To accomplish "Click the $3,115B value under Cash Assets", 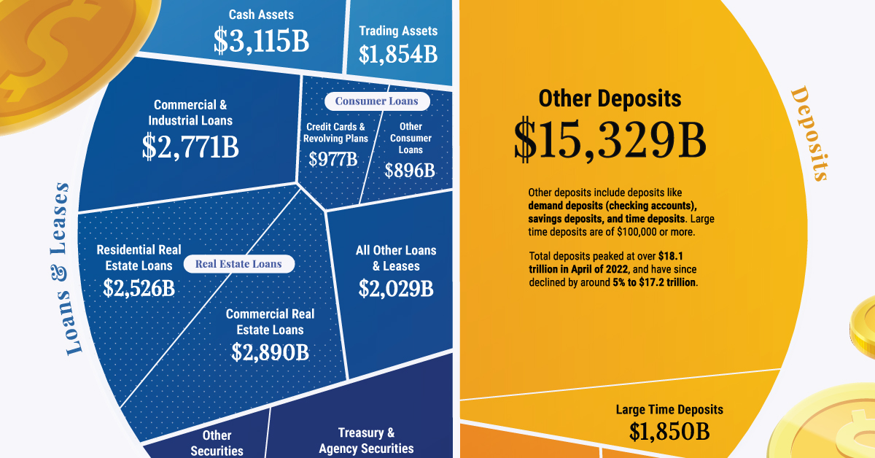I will click(261, 42).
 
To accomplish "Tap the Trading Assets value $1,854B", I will click(397, 54).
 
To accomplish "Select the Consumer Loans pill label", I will click(377, 101).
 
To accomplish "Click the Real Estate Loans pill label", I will click(238, 264).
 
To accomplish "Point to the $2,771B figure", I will click(190, 147).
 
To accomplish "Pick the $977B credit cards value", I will click(333, 159).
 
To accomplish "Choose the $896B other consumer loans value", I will click(410, 170).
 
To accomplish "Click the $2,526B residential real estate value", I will click(139, 287).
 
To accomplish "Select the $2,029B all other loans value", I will click(396, 288).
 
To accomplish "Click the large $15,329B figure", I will click(610, 140).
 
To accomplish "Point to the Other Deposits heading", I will click(610, 98).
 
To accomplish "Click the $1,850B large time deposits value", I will click(669, 432).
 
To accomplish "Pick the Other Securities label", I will click(217, 443).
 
